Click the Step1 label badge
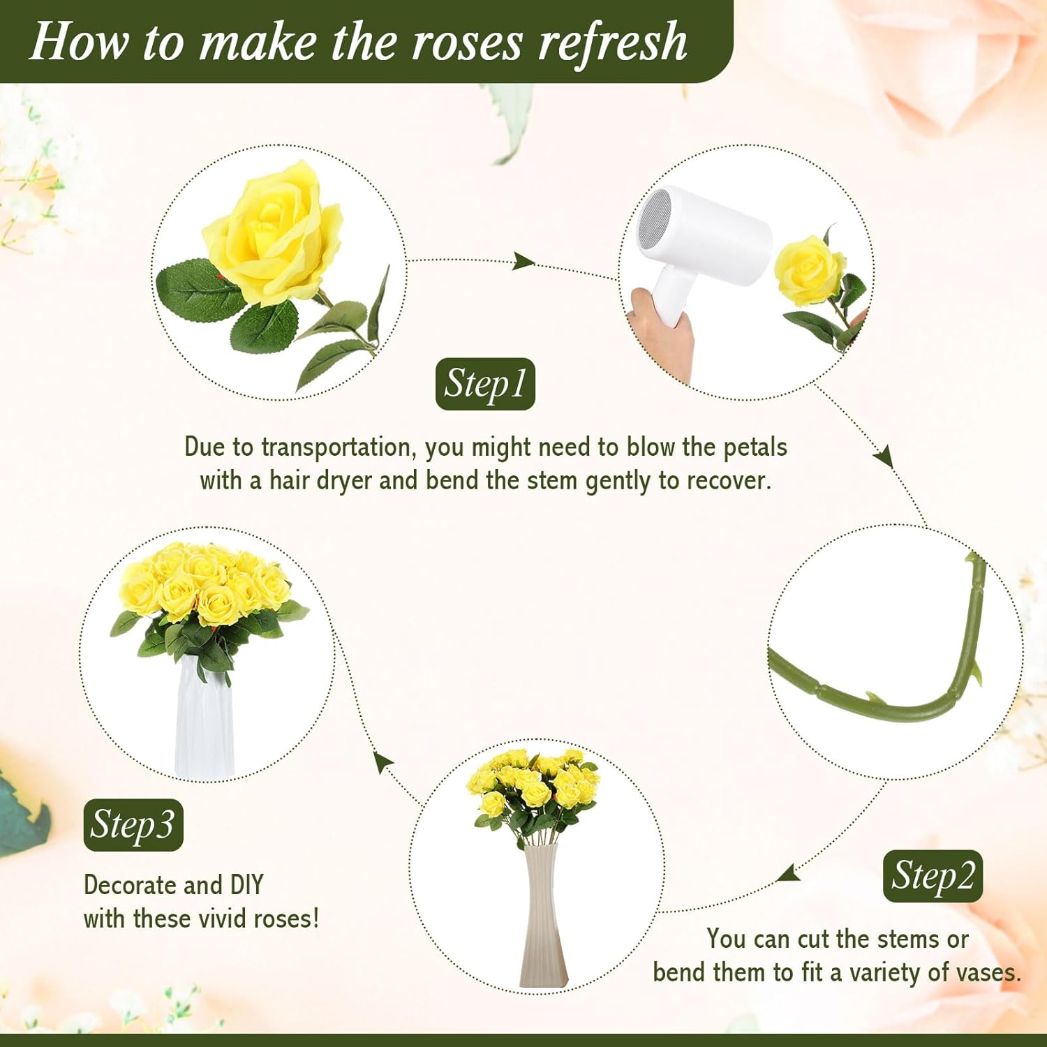[484, 384]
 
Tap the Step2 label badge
[933, 876]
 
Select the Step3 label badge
[133, 825]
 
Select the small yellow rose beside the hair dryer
[810, 269]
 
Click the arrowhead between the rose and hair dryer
[523, 262]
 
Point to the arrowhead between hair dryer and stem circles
[884, 455]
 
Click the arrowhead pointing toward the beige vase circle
[790, 873]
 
